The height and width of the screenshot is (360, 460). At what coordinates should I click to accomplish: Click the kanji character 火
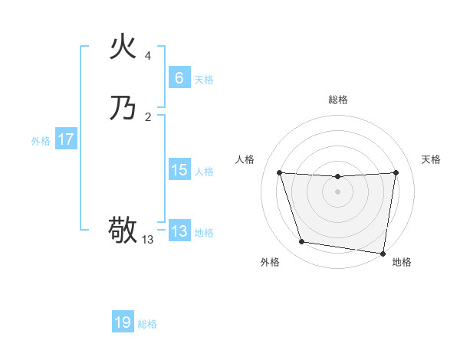pyautogui.click(x=123, y=47)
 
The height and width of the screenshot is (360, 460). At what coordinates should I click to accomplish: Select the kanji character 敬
pyautogui.click(x=123, y=230)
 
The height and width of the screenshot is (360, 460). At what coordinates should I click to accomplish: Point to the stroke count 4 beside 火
pyautogui.click(x=148, y=56)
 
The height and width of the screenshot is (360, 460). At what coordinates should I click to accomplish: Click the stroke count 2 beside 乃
pyautogui.click(x=148, y=116)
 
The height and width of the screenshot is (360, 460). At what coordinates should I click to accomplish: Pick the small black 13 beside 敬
pyautogui.click(x=148, y=240)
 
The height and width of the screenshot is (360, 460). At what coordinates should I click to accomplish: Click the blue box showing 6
pyautogui.click(x=179, y=78)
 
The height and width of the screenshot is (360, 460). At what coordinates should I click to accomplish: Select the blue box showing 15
pyautogui.click(x=179, y=170)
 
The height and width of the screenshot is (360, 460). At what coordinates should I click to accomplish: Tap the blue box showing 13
pyautogui.click(x=179, y=231)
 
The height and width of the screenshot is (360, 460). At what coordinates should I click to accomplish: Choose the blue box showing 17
pyautogui.click(x=66, y=139)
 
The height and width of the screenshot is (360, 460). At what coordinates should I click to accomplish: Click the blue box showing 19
pyautogui.click(x=123, y=322)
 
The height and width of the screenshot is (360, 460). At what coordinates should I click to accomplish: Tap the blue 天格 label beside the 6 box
pyautogui.click(x=204, y=80)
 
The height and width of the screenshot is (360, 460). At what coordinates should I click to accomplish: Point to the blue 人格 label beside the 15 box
pyautogui.click(x=204, y=172)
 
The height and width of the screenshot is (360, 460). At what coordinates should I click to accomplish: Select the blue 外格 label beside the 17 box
pyautogui.click(x=41, y=141)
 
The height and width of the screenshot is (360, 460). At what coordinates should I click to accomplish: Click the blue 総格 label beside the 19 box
pyautogui.click(x=147, y=324)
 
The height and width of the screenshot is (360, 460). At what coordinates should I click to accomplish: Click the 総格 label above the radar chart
pyautogui.click(x=337, y=100)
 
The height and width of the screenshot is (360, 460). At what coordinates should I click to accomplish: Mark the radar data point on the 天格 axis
pyautogui.click(x=396, y=172)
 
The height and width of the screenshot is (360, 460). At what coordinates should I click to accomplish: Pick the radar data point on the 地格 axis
pyautogui.click(x=383, y=253)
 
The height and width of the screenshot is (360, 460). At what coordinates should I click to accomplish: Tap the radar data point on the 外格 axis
pyautogui.click(x=301, y=242)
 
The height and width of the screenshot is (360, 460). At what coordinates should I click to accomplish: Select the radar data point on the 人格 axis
pyautogui.click(x=279, y=172)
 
